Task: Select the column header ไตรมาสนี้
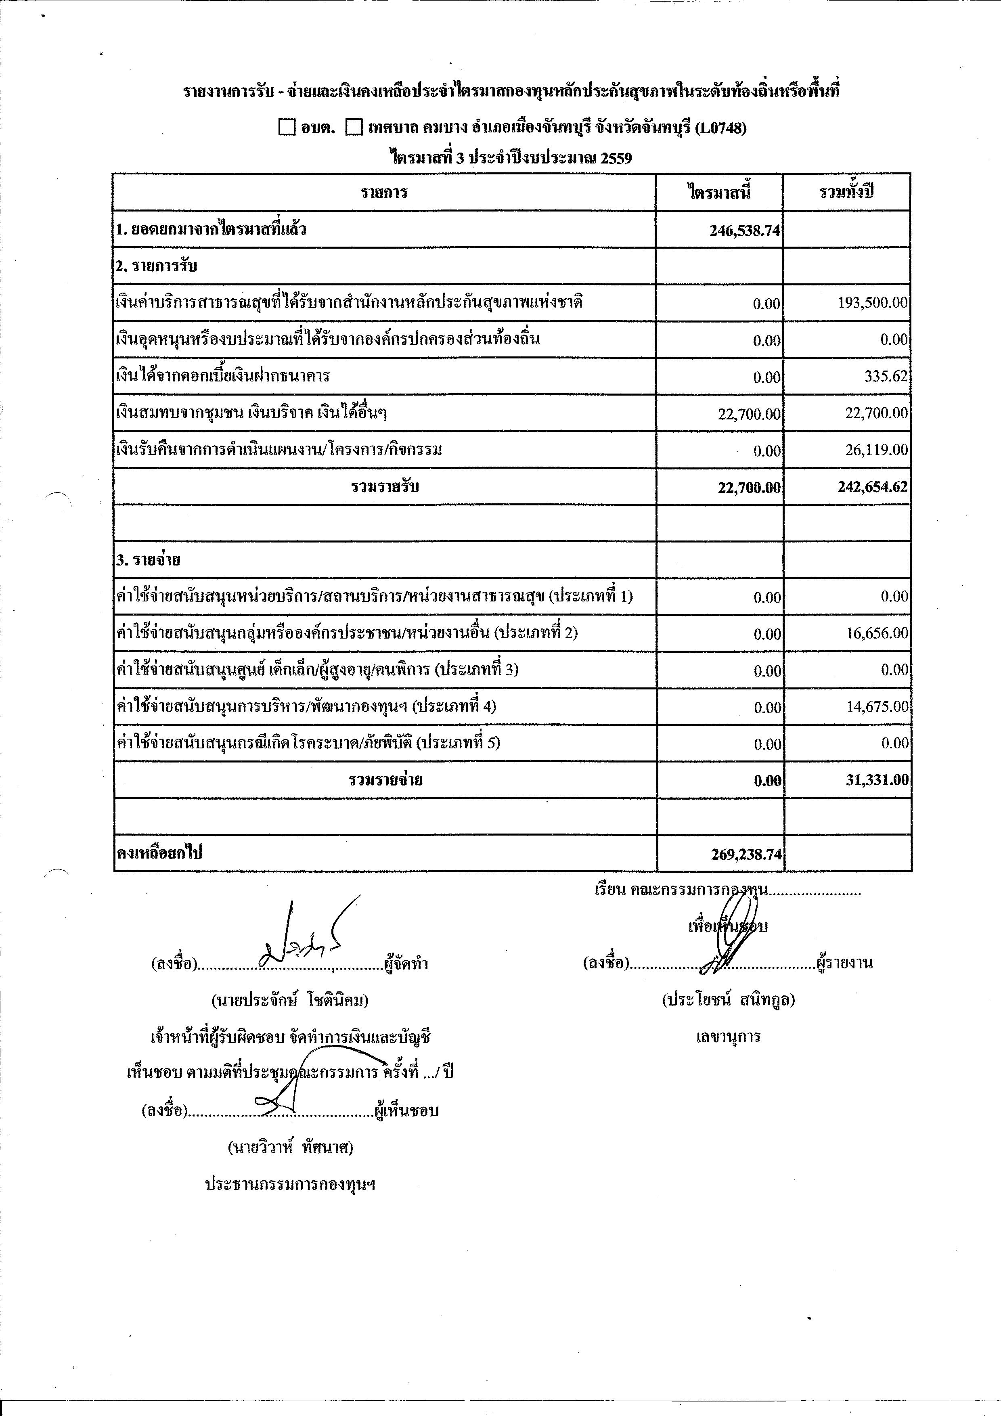pos(719,193)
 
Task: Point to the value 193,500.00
pos(872,303)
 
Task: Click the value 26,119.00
pos(876,450)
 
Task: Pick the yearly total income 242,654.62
pos(872,486)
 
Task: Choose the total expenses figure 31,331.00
pos(876,780)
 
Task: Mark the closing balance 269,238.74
pos(746,854)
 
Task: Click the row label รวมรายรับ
pos(385,486)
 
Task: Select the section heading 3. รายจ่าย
pos(148,560)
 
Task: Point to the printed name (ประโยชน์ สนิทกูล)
pos(728,1000)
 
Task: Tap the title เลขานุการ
pos(728,1037)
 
